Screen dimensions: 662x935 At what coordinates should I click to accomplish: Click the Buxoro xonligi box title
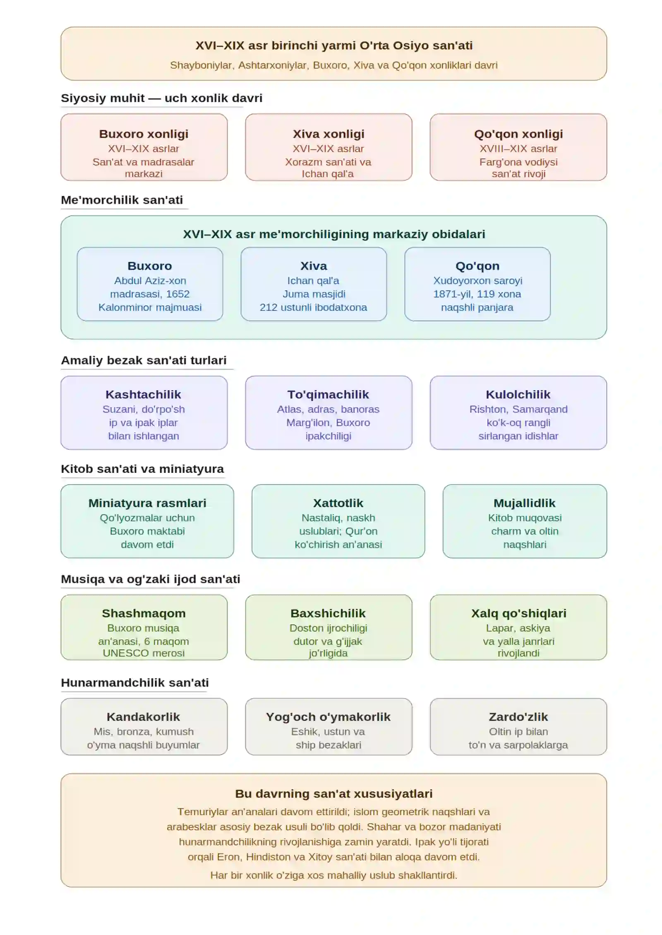point(144,134)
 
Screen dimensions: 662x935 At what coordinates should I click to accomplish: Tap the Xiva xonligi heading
point(329,134)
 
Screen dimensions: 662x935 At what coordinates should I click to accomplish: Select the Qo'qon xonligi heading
point(518,134)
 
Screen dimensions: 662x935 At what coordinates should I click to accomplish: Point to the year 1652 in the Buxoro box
point(178,294)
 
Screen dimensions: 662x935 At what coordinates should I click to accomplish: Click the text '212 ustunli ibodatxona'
point(313,307)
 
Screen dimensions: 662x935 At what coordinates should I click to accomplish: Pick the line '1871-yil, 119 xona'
point(477,294)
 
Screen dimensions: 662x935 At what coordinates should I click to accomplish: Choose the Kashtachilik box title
point(143,394)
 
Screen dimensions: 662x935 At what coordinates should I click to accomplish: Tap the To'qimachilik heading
point(328,394)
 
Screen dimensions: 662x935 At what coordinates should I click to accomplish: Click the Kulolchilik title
point(518,394)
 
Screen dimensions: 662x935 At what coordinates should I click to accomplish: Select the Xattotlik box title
point(338,503)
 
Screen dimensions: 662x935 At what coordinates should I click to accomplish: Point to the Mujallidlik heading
point(524,503)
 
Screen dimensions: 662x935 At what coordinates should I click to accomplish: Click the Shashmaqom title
point(144,613)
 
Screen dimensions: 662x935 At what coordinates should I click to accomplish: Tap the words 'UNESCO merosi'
point(144,653)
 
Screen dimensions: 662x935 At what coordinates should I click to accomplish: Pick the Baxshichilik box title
point(328,613)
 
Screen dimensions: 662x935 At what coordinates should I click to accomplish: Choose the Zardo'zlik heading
point(518,717)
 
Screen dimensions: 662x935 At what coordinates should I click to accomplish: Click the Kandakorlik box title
point(143,717)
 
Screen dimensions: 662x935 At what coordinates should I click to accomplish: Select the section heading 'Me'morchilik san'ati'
point(122,200)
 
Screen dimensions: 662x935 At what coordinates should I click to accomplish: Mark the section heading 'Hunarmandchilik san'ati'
point(134,682)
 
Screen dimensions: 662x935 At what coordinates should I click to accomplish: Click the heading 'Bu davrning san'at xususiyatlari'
point(334,794)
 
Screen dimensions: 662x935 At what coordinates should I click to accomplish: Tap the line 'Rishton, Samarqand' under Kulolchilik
point(518,409)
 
